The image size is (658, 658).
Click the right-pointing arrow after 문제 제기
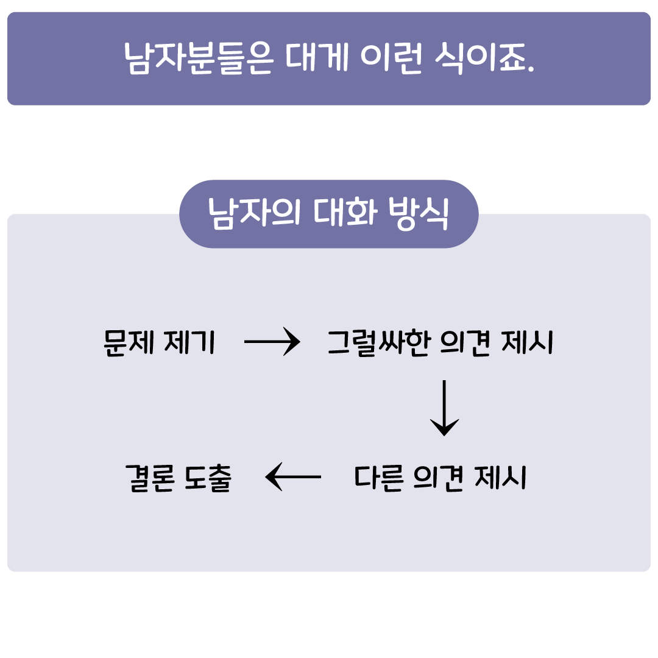point(272,342)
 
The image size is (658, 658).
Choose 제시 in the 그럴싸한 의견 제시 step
point(527,342)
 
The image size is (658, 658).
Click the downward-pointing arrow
point(444,408)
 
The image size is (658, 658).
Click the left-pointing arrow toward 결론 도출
point(293,476)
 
